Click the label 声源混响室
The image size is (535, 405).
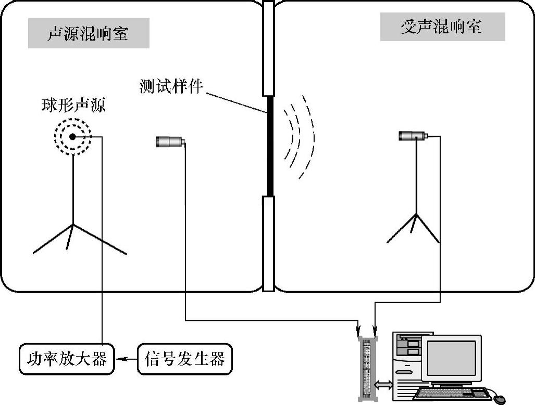pyautogui.click(x=88, y=34)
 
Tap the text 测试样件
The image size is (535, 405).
pyautogui.click(x=170, y=86)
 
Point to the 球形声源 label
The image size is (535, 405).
pyautogui.click(x=73, y=106)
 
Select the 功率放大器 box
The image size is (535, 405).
pyautogui.click(x=66, y=359)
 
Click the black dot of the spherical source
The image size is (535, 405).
pyautogui.click(x=73, y=137)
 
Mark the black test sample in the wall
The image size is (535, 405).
pyautogui.click(x=270, y=146)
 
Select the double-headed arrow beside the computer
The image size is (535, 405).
pyautogui.click(x=383, y=385)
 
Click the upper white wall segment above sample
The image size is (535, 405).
pyautogui.click(x=268, y=49)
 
